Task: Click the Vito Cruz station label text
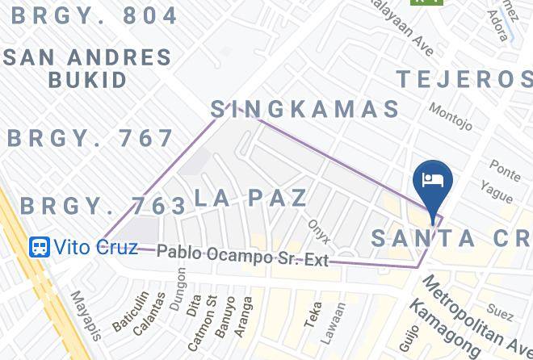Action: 95,248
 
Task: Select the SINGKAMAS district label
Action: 305,110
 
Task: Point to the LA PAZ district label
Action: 250,198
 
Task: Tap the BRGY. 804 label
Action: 95,15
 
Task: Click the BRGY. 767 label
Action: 90,138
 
